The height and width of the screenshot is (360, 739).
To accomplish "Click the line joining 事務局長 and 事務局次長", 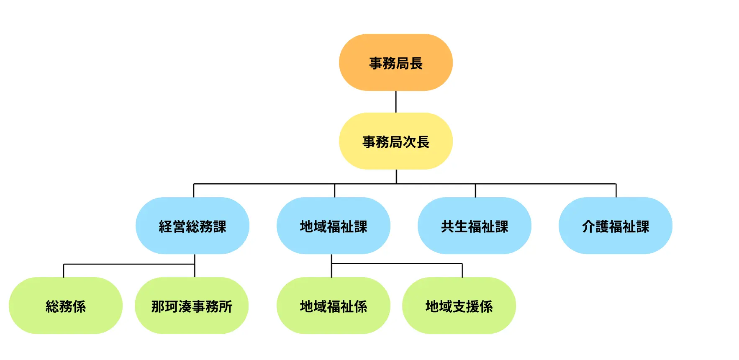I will [396, 102].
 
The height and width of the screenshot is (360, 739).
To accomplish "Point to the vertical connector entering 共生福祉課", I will [475, 190].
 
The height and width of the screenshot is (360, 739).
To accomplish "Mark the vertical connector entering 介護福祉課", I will [616, 190].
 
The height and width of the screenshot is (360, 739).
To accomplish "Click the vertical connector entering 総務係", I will [64, 271].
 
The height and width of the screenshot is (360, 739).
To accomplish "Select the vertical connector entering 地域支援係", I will [462, 270].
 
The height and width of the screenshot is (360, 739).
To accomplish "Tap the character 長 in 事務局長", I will [416, 63].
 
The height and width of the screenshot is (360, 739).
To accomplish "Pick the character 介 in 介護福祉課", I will [589, 226].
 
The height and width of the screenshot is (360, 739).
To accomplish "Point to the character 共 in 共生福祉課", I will [448, 226].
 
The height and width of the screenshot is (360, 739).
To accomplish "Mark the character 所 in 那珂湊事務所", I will [225, 306].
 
